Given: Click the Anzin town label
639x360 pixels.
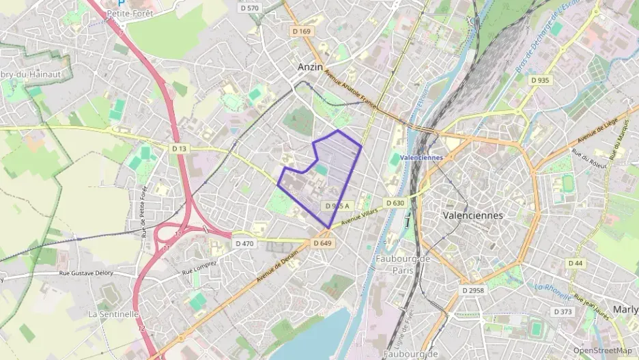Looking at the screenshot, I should [x=310, y=67].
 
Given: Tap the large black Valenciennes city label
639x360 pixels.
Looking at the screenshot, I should [x=472, y=215].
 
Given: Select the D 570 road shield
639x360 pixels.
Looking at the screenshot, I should [x=250, y=8].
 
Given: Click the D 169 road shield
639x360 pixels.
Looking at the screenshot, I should [x=301, y=31].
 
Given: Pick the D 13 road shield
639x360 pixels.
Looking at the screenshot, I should [x=180, y=148].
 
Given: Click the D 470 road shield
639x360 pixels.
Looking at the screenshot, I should [x=244, y=243].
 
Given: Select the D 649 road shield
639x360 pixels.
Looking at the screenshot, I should [x=322, y=243].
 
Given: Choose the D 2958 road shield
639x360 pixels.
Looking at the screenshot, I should [x=472, y=290].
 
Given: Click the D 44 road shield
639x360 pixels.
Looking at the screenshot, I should [x=575, y=263].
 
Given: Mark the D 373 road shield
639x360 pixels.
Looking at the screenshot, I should [x=563, y=311].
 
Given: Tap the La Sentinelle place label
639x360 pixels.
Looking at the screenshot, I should [x=113, y=314].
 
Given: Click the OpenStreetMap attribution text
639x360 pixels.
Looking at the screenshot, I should [x=602, y=350].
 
